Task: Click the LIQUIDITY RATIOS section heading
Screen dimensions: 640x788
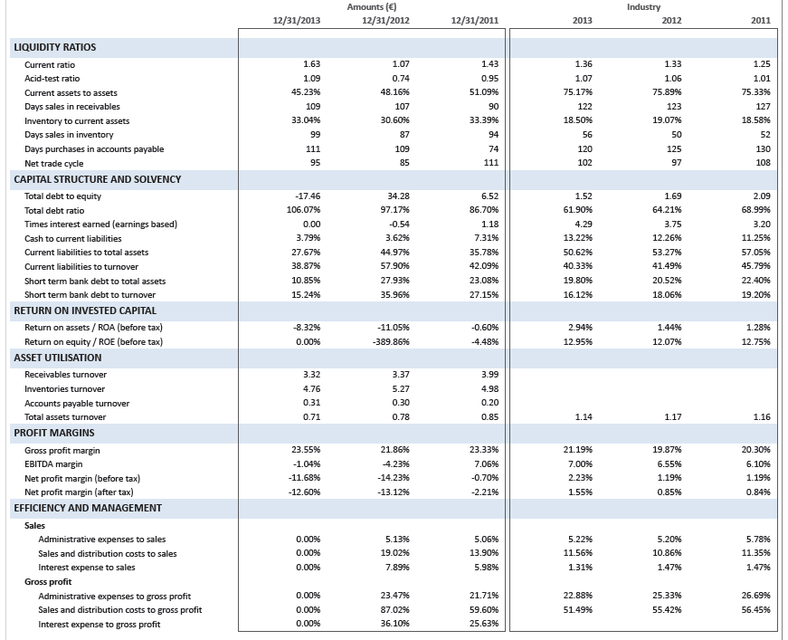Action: click(54, 47)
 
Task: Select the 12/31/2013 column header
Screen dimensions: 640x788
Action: click(297, 20)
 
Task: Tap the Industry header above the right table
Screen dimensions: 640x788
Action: click(643, 7)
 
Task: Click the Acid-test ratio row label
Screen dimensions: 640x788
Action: click(52, 79)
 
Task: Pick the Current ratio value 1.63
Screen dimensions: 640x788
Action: click(312, 65)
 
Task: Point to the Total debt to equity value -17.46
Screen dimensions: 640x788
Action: click(309, 196)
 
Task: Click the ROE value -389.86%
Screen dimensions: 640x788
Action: click(392, 341)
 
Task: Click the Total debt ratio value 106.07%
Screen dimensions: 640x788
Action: click(306, 210)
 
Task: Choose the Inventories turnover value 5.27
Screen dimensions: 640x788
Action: click(401, 389)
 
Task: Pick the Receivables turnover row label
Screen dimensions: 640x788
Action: click(65, 375)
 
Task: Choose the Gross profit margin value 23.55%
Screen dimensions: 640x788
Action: click(306, 450)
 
